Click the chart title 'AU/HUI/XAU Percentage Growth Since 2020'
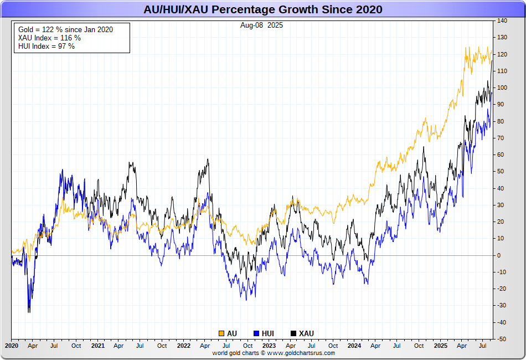(262, 10)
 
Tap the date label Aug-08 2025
(261, 25)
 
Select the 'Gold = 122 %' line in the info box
(65, 29)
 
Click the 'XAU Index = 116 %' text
(49, 38)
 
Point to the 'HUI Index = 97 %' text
(47, 46)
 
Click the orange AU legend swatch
(221, 333)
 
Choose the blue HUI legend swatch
(256, 333)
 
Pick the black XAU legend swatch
(293, 333)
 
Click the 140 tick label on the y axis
(502, 21)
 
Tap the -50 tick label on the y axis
(502, 338)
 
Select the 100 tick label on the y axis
(502, 88)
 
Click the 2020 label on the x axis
(12, 346)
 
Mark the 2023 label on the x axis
(269, 346)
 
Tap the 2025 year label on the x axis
(440, 346)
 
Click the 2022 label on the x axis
(183, 346)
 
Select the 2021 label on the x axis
(97, 346)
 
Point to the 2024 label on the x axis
(354, 346)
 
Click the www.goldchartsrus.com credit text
(301, 353)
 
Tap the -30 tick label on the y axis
(502, 305)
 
